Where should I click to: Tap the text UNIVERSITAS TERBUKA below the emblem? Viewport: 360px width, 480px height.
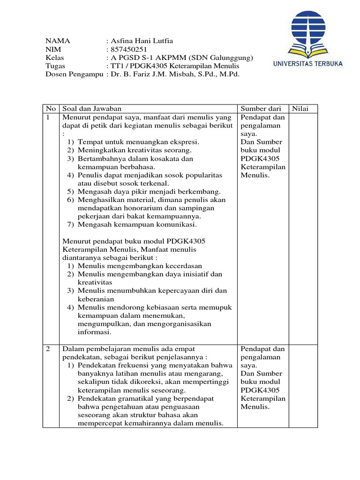click(x=308, y=63)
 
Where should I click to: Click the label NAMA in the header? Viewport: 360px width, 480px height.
click(x=55, y=41)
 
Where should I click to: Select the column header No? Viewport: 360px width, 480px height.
click(x=50, y=109)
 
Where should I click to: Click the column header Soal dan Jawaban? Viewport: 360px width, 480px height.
click(x=89, y=109)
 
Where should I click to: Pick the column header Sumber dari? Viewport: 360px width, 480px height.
click(x=261, y=109)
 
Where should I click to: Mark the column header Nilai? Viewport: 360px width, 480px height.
click(x=300, y=109)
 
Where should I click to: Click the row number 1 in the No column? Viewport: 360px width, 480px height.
click(x=48, y=117)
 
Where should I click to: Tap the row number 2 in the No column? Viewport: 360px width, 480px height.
click(x=48, y=349)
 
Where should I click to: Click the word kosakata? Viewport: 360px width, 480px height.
click(x=167, y=158)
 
